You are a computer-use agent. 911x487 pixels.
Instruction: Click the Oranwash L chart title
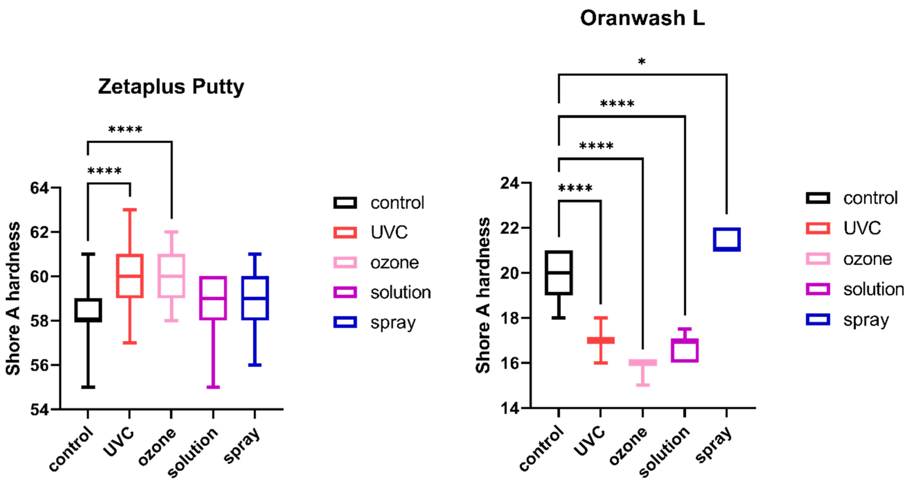click(x=642, y=18)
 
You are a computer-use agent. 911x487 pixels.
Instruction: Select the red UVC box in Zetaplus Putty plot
click(x=130, y=276)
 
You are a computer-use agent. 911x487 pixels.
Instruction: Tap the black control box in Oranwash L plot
click(x=558, y=273)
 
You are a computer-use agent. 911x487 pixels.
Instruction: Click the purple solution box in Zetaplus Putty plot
click(x=213, y=298)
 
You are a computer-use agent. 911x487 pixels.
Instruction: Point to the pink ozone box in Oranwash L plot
click(x=642, y=363)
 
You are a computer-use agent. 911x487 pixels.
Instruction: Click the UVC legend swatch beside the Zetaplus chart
click(x=345, y=232)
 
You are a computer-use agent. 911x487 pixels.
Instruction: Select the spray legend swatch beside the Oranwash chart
click(x=818, y=319)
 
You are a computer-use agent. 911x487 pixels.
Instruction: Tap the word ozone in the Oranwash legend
click(x=868, y=259)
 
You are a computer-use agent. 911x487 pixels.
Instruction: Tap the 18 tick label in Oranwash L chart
click(x=510, y=318)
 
